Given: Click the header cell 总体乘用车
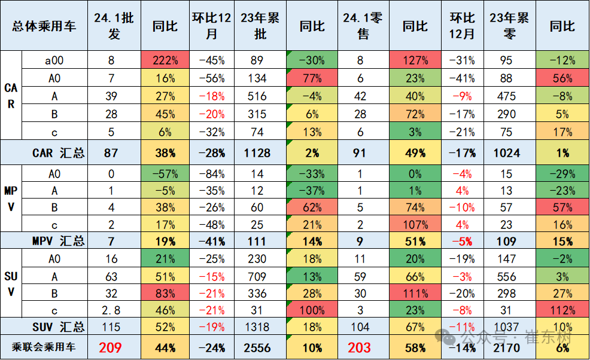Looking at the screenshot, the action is point(44,26).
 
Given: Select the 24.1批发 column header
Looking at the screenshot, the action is point(114,26).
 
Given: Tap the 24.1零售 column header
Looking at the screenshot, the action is point(363,26).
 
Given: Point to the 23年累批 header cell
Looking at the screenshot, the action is point(260,26).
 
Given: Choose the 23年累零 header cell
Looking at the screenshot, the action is point(509,26).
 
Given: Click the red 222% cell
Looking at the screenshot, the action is point(165,60).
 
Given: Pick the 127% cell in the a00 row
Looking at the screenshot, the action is point(415,60).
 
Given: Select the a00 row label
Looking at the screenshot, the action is point(54,60).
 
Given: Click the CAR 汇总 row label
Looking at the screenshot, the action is point(58,152).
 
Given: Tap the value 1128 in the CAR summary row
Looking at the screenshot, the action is point(257,152).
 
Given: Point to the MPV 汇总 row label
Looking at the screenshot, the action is point(58,241).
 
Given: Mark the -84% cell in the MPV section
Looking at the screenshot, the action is point(212,174).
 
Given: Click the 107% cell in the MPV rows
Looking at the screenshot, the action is point(415,225).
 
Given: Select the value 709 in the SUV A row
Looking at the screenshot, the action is point(257,276).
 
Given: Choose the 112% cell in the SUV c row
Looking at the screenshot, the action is point(562,310).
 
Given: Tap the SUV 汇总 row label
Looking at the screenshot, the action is point(58,327).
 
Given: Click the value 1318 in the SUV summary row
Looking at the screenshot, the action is point(257,327).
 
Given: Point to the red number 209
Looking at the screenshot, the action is point(110,347).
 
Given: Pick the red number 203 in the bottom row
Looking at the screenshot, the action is point(360,347).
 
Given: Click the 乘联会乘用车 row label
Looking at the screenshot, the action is point(44,347).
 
